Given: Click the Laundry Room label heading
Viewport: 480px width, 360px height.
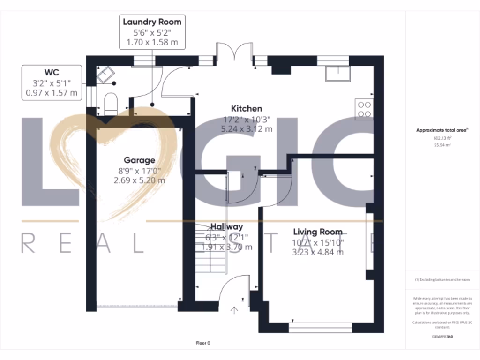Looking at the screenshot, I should pyautogui.click(x=152, y=22).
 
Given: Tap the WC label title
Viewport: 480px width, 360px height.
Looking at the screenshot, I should pyautogui.click(x=52, y=72).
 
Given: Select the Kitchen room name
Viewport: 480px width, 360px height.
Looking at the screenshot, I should pyautogui.click(x=247, y=109).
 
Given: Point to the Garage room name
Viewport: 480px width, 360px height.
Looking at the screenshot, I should pyautogui.click(x=139, y=160).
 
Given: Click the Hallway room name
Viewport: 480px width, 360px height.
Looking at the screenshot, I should pyautogui.click(x=226, y=227).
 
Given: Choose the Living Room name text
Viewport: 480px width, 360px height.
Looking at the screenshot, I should pyautogui.click(x=318, y=232).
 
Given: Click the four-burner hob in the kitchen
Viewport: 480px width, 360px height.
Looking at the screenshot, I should pyautogui.click(x=365, y=109).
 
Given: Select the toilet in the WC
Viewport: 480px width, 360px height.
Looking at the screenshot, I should pyautogui.click(x=110, y=103).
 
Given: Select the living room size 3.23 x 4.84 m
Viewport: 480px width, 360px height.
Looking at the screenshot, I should pyautogui.click(x=318, y=252).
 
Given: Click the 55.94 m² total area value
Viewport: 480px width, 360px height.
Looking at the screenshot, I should pyautogui.click(x=442, y=146).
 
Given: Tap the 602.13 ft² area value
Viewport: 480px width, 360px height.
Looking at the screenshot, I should pyautogui.click(x=442, y=138).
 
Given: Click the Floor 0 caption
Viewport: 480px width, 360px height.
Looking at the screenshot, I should pyautogui.click(x=202, y=343).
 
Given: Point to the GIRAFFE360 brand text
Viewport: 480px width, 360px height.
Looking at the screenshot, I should pyautogui.click(x=442, y=337).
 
